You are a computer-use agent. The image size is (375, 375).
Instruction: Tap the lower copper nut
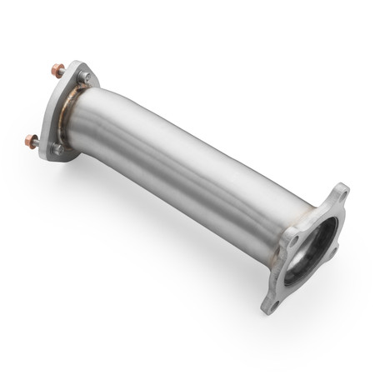tap(31, 140)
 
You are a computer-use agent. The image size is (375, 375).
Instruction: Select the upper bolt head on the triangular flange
tap(85, 77)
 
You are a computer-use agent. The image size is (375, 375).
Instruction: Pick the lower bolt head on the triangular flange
tap(57, 149)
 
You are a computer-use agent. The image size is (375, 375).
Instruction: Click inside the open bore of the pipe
tap(320, 242)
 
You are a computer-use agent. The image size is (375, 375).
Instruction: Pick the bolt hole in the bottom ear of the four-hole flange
tap(275, 299)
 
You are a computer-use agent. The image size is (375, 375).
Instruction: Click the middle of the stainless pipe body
tap(192, 167)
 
